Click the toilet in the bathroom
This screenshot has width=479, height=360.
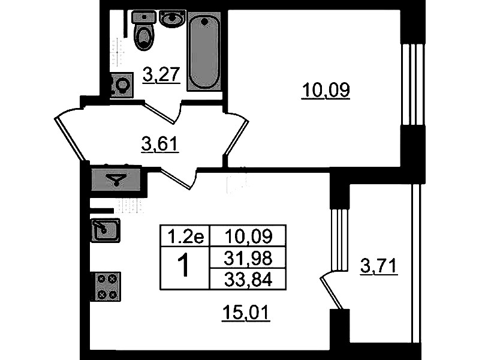(143, 30)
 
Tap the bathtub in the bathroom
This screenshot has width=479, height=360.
(204, 51)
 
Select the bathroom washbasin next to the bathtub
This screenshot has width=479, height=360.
(173, 19)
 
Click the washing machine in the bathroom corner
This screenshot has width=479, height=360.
(122, 85)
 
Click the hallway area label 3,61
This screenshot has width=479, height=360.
(160, 144)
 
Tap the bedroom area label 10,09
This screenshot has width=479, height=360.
(326, 90)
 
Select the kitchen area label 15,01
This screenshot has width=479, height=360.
(246, 313)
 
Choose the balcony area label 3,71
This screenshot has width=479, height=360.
(379, 266)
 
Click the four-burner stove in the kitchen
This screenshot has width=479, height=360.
(107, 286)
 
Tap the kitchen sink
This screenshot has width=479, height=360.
(106, 230)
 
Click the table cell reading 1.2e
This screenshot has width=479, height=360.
(185, 236)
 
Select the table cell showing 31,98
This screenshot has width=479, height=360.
(248, 258)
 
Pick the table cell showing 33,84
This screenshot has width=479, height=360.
(248, 279)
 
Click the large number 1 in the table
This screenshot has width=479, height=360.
(184, 267)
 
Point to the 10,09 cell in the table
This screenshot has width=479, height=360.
(248, 236)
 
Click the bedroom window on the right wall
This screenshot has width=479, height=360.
(412, 84)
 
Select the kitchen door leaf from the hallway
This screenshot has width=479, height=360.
(175, 178)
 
